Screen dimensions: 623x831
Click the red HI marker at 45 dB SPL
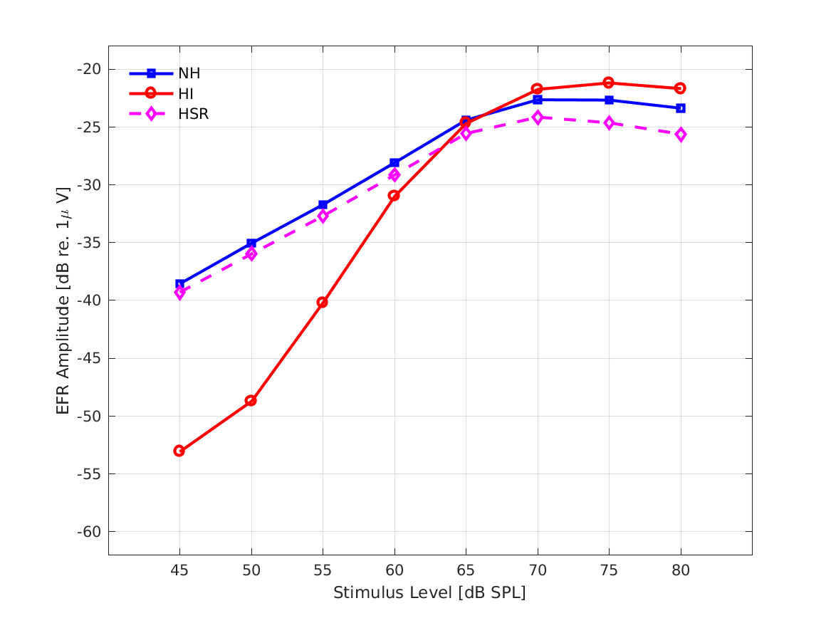pos(179,451)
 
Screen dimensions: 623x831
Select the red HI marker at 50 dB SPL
pos(251,401)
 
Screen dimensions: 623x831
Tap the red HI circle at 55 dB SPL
pos(322,303)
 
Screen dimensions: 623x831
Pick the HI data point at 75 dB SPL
pos(609,83)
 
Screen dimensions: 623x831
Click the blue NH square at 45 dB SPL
pos(179,284)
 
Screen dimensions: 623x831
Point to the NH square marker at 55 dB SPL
pos(323,204)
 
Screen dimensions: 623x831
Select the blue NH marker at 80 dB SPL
pos(681,108)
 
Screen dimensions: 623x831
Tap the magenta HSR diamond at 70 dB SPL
pos(538,117)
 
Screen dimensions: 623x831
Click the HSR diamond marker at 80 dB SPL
pos(681,135)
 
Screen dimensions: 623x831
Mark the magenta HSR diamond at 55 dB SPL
pos(323,216)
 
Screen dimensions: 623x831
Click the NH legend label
pos(189,73)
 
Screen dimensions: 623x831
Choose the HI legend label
pos(186,93)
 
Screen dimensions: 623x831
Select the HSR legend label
pos(194,114)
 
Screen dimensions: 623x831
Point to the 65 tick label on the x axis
pos(466,570)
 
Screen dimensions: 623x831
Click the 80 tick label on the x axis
pos(681,570)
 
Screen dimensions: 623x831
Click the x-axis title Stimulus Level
pos(429,593)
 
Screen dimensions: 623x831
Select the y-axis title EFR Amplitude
pos(64,300)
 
